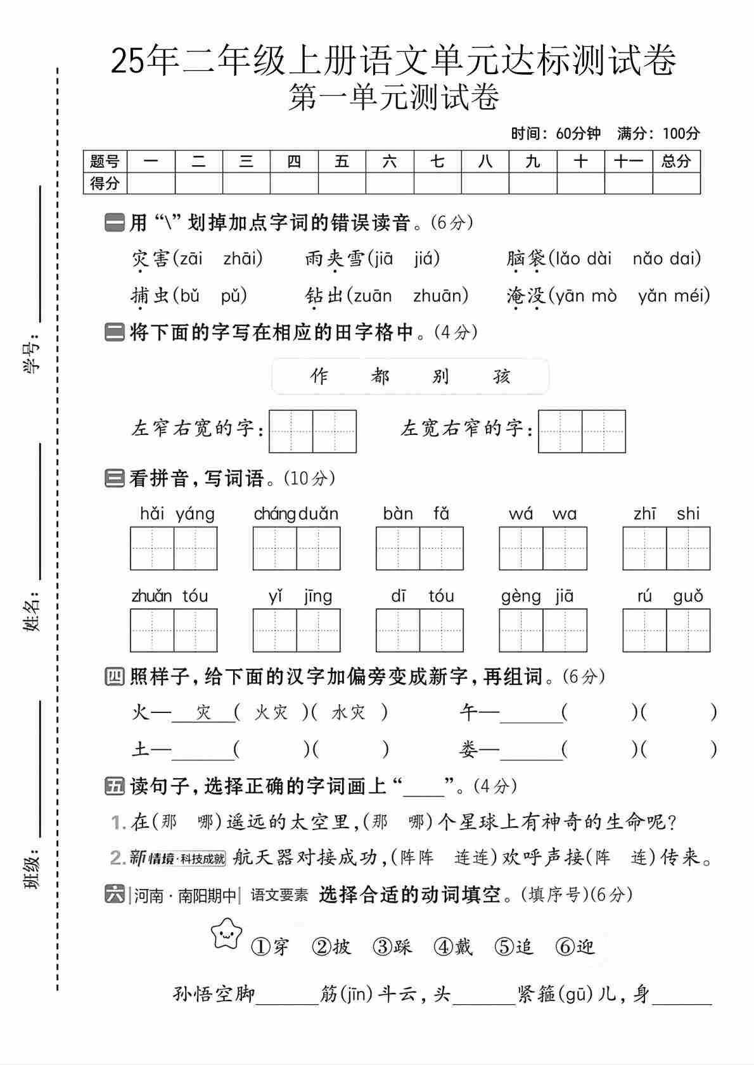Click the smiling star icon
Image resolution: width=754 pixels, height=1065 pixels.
(227, 933)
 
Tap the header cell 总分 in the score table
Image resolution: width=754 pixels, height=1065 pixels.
(676, 161)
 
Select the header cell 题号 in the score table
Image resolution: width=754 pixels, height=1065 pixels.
(105, 161)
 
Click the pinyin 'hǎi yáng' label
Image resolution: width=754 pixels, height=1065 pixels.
(177, 514)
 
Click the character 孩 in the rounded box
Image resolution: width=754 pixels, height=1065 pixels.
(502, 376)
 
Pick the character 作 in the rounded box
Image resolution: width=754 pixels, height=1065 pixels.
(319, 376)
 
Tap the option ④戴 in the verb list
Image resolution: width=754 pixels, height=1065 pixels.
(454, 947)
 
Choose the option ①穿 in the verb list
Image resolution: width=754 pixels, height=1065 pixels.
(271, 947)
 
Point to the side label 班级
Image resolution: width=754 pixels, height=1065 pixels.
(32, 871)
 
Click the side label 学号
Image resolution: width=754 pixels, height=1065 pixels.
(32, 355)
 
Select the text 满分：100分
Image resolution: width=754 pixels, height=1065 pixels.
(658, 134)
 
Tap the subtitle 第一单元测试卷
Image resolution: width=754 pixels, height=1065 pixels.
(393, 98)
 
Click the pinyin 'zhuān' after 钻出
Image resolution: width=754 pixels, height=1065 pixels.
(440, 296)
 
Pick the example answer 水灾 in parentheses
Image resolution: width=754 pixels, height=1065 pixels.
(348, 713)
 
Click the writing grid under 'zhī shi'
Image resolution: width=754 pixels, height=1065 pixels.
(666, 548)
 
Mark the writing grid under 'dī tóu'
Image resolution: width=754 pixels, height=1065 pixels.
(419, 631)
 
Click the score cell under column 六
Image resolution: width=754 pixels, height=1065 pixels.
(390, 184)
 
